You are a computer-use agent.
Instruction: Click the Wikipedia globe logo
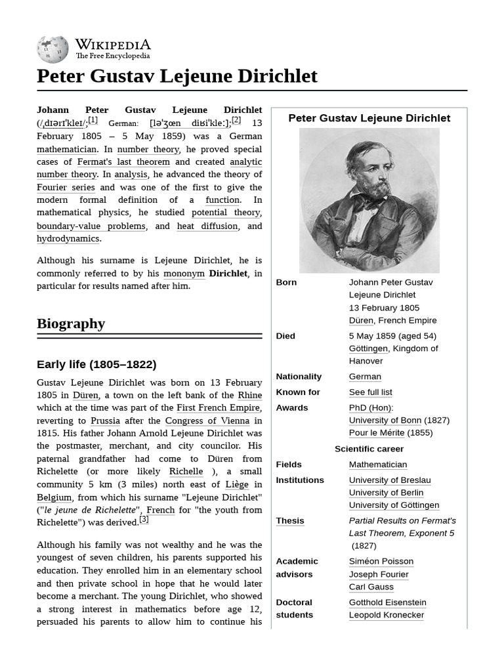(x=52, y=50)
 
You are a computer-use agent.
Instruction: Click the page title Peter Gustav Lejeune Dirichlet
(x=177, y=76)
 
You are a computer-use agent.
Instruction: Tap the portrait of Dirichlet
(x=369, y=200)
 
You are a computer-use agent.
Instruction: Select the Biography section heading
(x=71, y=324)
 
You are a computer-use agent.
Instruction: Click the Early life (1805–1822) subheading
(x=96, y=364)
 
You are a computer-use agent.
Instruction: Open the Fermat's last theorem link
(x=123, y=161)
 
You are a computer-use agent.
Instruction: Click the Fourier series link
(x=66, y=187)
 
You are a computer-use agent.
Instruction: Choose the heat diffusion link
(x=207, y=226)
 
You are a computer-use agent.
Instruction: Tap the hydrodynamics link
(x=68, y=238)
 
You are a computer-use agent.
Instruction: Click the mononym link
(x=184, y=273)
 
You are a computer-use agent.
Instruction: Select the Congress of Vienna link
(x=207, y=421)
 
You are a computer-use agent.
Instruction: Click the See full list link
(x=370, y=392)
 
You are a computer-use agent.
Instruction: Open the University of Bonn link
(x=385, y=420)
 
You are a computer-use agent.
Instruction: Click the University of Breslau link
(x=390, y=480)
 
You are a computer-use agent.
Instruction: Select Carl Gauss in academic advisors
(x=371, y=587)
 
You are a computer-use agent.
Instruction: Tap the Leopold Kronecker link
(x=387, y=615)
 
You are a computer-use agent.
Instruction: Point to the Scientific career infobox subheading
(x=369, y=449)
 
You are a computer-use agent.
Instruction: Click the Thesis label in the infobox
(x=289, y=520)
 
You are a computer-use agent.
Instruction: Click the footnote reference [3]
(x=144, y=519)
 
